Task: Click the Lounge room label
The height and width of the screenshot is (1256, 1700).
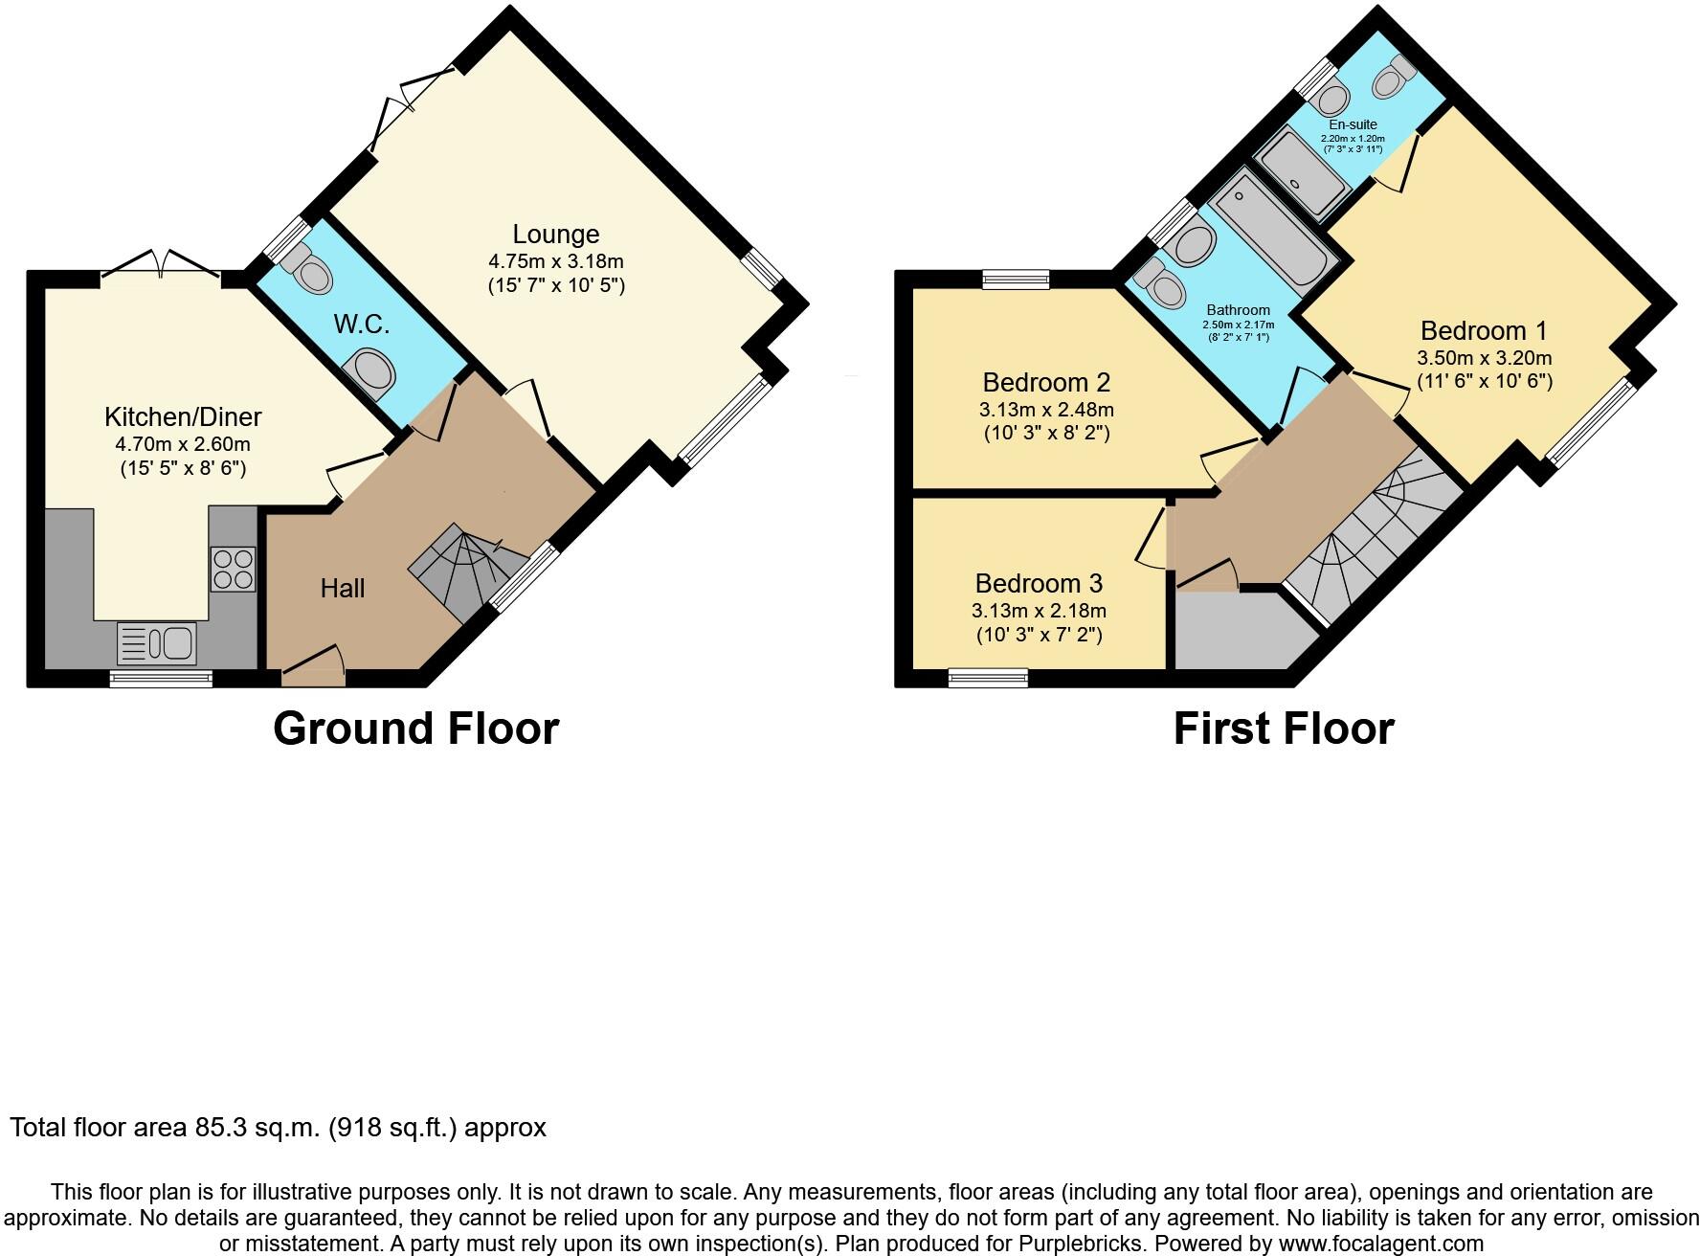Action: (x=555, y=235)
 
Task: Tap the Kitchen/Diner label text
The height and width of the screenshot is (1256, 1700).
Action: (x=183, y=417)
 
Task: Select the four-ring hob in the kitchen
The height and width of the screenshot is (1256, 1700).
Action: (x=233, y=569)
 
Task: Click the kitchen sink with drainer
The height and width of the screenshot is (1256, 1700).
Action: (x=156, y=643)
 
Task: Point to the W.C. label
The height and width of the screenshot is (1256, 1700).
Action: (x=362, y=325)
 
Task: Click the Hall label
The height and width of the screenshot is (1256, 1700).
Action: (x=343, y=588)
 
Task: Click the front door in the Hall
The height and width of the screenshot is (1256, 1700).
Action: (x=313, y=675)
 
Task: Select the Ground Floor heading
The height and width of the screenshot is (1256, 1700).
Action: (x=415, y=729)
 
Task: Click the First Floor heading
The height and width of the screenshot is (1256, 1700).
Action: (x=1283, y=729)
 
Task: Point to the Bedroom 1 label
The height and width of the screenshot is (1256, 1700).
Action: (x=1483, y=331)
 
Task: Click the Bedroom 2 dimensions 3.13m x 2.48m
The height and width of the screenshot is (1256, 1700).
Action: (x=1046, y=410)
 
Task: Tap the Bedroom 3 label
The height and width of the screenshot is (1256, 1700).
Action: (x=1039, y=583)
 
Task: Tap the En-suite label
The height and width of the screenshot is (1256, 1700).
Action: (x=1353, y=124)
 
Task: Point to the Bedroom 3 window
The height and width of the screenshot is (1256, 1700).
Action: (x=988, y=678)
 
